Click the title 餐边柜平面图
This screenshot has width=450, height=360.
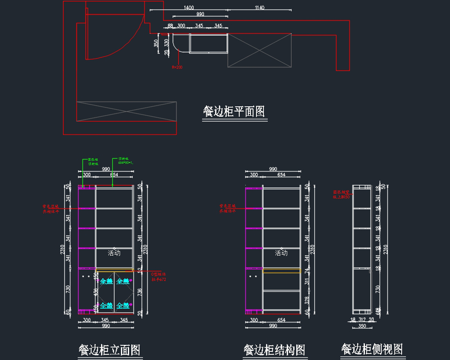pos(234,111)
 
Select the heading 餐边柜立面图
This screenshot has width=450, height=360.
pos(109,350)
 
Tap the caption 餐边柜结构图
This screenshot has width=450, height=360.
pos(274,350)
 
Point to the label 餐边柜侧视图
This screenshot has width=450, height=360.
pos(372,349)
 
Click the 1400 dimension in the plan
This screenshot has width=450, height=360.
pos(189,8)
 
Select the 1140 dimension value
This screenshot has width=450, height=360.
pos(259,8)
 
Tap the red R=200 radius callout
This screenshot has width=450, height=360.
pos(177,67)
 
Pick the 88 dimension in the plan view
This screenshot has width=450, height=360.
pos(170,26)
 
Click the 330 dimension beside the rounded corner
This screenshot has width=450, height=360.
pos(166,42)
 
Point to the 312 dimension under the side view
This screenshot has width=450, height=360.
pos(362,320)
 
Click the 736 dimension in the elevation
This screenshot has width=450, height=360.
pos(140,292)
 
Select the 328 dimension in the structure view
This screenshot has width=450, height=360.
pos(307,300)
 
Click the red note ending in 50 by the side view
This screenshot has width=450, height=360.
pos(341,194)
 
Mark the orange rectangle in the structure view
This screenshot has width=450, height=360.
pos(282,271)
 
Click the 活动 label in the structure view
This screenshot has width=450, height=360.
pos(281,253)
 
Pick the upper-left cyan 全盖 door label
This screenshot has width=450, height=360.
pos(106,281)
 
